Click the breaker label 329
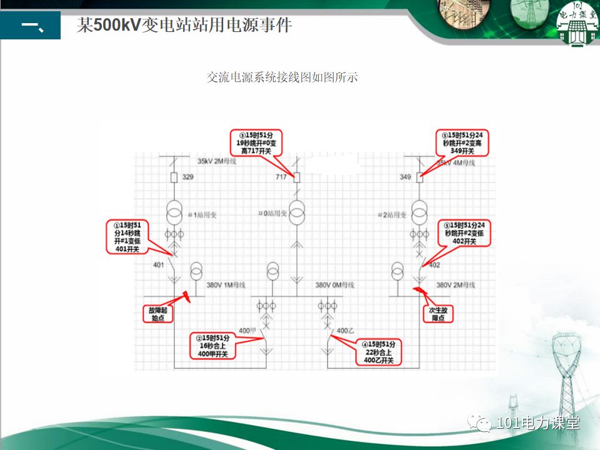coord(188,177)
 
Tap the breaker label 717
coord(281,177)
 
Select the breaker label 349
coord(406,177)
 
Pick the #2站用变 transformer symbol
coord(419,214)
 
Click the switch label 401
coord(159,264)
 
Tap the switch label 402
coord(434,264)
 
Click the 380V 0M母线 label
coord(334,285)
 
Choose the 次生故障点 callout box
coord(437,313)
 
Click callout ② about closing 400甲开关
coord(213,346)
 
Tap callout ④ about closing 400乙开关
coord(379,352)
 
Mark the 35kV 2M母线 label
coord(217,162)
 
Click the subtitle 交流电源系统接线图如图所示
coord(282,77)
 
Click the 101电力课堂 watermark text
coord(537,423)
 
